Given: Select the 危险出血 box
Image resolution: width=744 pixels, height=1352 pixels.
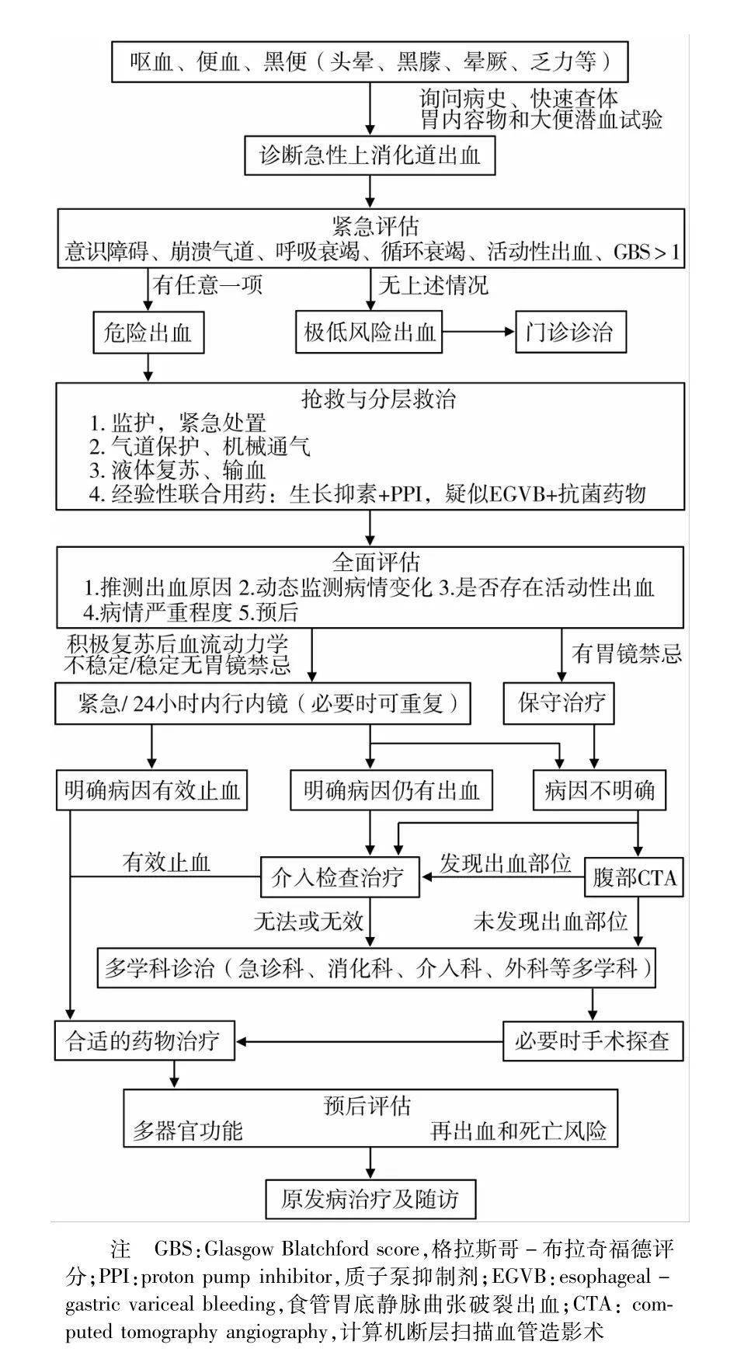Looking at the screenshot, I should (148, 333).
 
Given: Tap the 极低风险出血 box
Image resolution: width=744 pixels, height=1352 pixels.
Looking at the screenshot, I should (369, 333).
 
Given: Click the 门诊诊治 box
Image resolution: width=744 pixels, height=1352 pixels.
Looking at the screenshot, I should (571, 333).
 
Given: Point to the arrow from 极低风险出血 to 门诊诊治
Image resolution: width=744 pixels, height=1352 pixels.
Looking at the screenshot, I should (478, 333).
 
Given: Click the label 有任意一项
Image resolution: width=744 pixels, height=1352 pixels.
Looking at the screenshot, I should (207, 285).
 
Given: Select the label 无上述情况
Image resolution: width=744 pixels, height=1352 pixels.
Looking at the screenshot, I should (433, 285).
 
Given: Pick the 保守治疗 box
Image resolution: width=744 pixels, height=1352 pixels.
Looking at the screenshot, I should (561, 704).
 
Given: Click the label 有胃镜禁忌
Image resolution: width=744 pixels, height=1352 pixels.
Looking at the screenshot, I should (627, 653).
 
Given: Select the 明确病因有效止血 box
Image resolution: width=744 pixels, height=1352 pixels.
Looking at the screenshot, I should (151, 792).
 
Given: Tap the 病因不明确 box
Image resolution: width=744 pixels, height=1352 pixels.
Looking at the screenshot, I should (599, 792).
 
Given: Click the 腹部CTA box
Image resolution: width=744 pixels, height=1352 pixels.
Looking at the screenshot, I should (634, 878).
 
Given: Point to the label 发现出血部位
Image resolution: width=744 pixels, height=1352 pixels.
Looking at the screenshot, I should (506, 863).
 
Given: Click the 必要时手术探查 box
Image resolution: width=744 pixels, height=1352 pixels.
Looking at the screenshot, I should (593, 1040).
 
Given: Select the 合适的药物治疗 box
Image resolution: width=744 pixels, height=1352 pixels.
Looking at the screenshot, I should (144, 1040).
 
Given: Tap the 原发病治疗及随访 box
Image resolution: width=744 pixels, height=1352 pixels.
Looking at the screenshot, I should (370, 1199).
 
